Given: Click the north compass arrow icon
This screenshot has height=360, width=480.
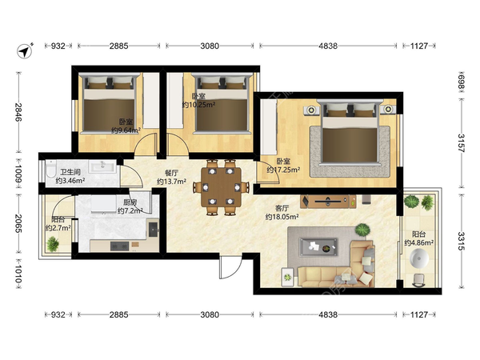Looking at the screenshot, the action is (25, 50).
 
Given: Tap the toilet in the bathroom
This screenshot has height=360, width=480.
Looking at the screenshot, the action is (50, 170).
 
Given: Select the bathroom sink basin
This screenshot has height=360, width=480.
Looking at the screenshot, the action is (102, 167).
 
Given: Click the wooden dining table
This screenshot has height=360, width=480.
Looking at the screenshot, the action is (221, 186).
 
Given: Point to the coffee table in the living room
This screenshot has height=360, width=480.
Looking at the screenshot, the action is (318, 247).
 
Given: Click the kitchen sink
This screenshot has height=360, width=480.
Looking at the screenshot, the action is (153, 229).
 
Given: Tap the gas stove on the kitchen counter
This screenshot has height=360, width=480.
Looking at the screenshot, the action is (119, 246).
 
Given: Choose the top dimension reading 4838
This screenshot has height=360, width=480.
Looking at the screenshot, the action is (328, 46).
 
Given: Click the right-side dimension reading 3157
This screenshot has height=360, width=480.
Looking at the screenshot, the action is (462, 143).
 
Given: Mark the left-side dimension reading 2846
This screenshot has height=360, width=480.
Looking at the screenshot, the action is (18, 112).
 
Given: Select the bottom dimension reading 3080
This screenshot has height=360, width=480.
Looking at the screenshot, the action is (210, 314).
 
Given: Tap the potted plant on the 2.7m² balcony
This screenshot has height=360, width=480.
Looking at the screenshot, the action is (53, 244).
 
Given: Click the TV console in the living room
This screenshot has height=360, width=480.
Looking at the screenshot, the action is (328, 202).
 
